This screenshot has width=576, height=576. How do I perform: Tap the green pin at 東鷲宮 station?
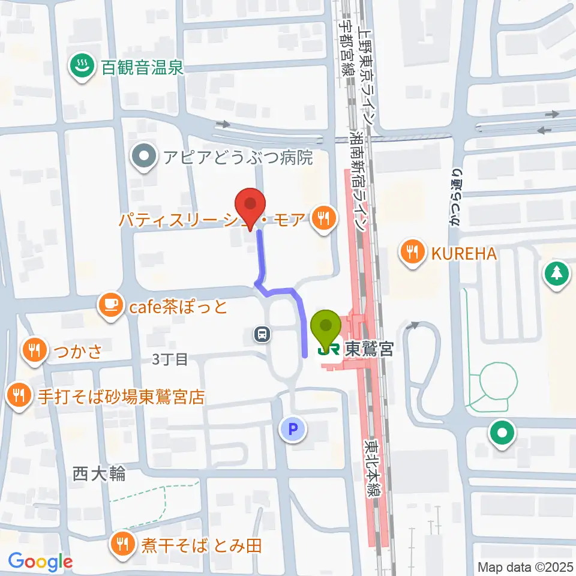click(x=326, y=327)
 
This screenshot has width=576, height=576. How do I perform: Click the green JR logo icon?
click(x=326, y=349)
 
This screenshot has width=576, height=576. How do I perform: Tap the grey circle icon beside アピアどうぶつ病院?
click(x=145, y=157)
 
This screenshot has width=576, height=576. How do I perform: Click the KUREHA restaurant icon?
click(x=412, y=252)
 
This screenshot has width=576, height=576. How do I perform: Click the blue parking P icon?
click(x=292, y=428)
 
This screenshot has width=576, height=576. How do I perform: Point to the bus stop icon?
click(x=262, y=333)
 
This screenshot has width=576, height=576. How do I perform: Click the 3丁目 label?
click(x=170, y=359)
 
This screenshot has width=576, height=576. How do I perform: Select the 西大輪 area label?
click(x=99, y=474)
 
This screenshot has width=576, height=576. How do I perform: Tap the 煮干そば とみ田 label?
click(x=202, y=546)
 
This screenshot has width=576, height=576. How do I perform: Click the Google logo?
click(x=40, y=562)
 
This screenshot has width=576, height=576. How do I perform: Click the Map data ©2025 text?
click(x=524, y=566)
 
